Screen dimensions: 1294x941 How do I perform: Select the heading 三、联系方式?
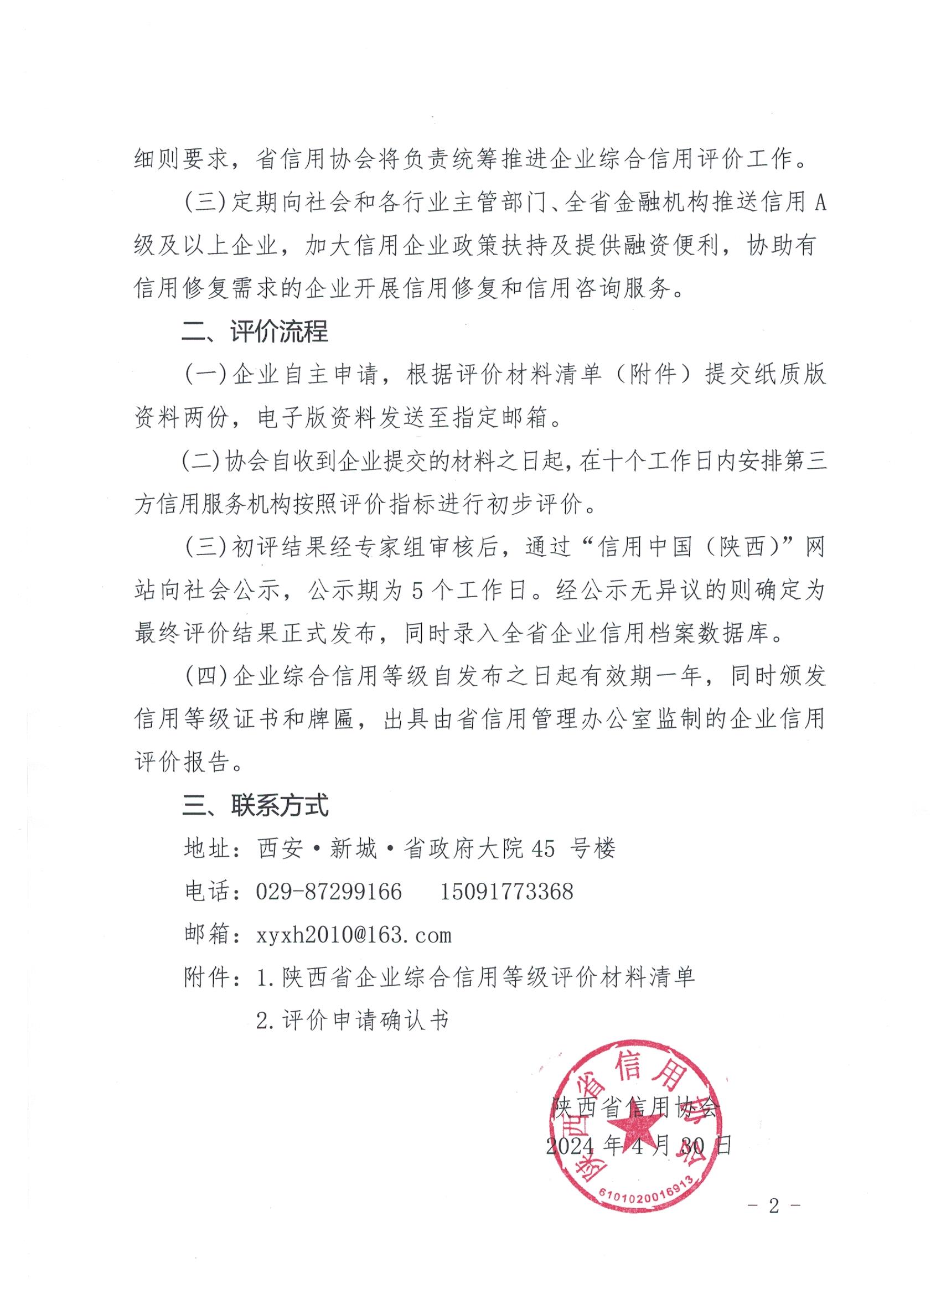click(x=255, y=806)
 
